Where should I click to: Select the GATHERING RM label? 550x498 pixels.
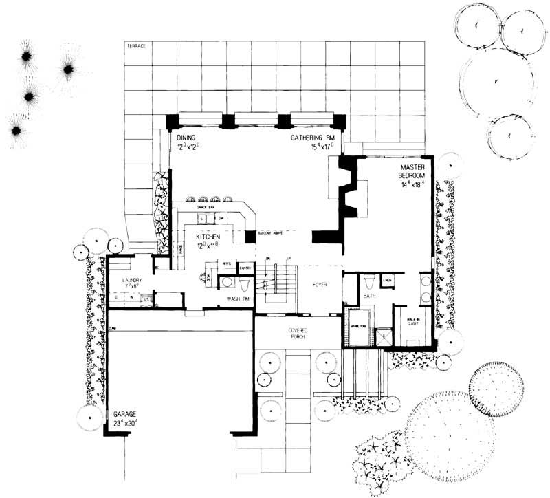[x=313, y=138]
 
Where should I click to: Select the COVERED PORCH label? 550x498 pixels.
[x=298, y=335]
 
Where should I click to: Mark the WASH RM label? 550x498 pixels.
[x=236, y=300]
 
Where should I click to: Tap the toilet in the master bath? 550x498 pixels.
[x=369, y=281]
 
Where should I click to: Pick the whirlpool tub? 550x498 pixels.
[x=359, y=332]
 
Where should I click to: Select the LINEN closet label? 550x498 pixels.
[x=388, y=281]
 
